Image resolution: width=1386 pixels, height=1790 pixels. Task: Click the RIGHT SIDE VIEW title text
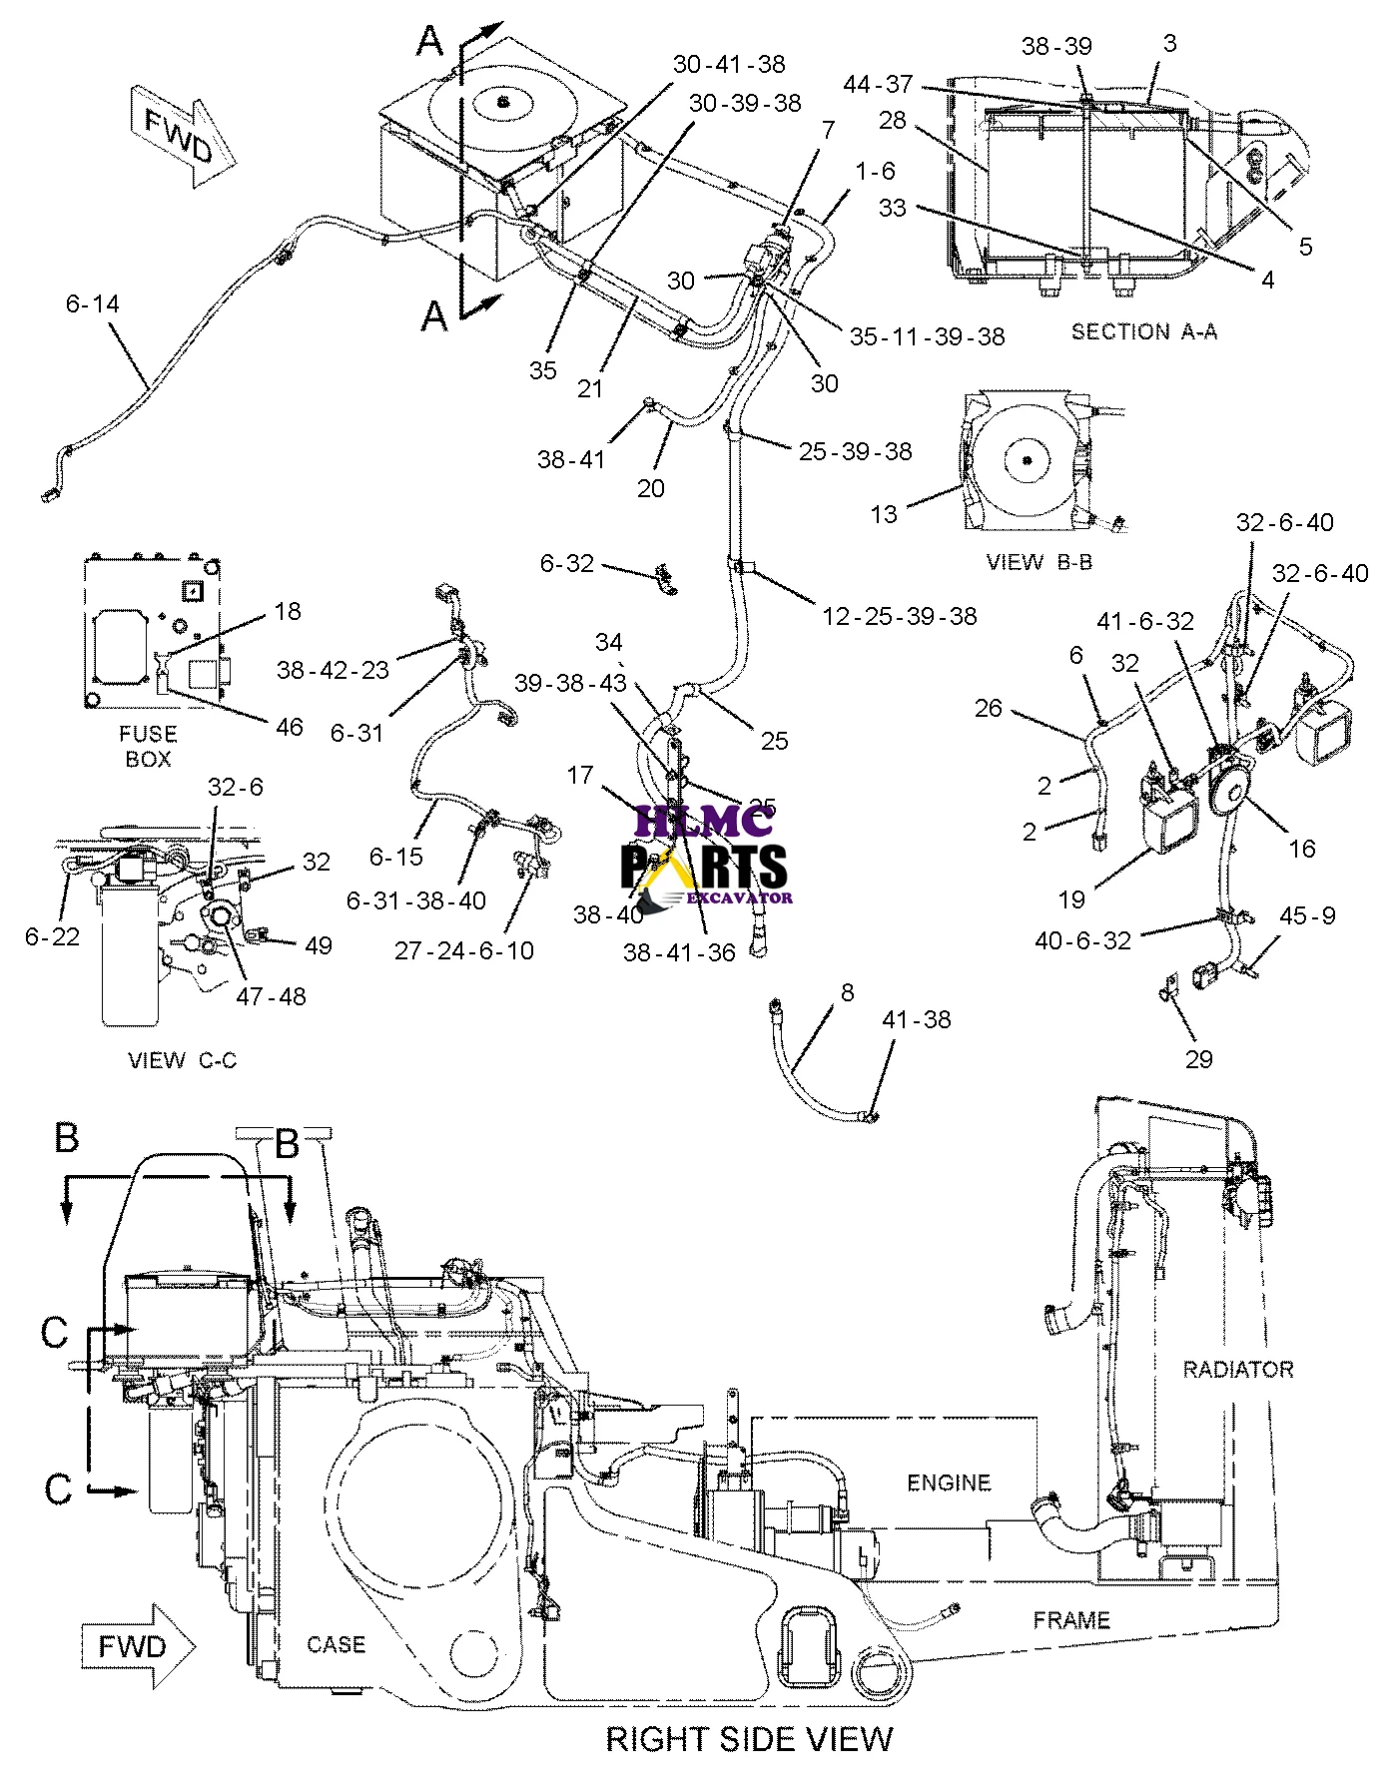point(749,1739)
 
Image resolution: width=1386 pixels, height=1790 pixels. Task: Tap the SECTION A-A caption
point(1143,331)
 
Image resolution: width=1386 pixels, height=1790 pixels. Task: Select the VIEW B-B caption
point(1039,562)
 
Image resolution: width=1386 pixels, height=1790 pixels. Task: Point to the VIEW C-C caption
point(183,1060)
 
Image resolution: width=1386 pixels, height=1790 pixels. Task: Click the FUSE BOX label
point(148,746)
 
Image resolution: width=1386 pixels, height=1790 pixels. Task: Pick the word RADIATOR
point(1237,1369)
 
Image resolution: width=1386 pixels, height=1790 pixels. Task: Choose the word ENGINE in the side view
point(949,1483)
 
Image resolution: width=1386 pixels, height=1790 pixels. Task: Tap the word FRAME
point(1070,1619)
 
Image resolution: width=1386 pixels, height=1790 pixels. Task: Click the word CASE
point(336,1644)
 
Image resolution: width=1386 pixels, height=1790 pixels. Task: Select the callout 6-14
point(92,303)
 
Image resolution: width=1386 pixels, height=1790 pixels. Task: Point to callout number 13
point(884,514)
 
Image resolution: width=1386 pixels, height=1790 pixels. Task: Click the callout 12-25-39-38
point(899,616)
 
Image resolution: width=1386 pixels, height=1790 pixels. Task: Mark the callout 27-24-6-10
point(464,950)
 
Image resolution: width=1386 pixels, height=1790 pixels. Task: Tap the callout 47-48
point(271,995)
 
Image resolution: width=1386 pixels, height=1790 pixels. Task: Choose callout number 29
point(1198,1058)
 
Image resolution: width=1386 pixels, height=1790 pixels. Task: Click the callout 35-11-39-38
point(927,336)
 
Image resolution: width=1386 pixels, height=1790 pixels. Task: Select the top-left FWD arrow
point(183,137)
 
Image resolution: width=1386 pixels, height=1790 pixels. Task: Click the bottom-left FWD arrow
point(138,1645)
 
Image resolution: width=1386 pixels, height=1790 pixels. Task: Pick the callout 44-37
point(878,85)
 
